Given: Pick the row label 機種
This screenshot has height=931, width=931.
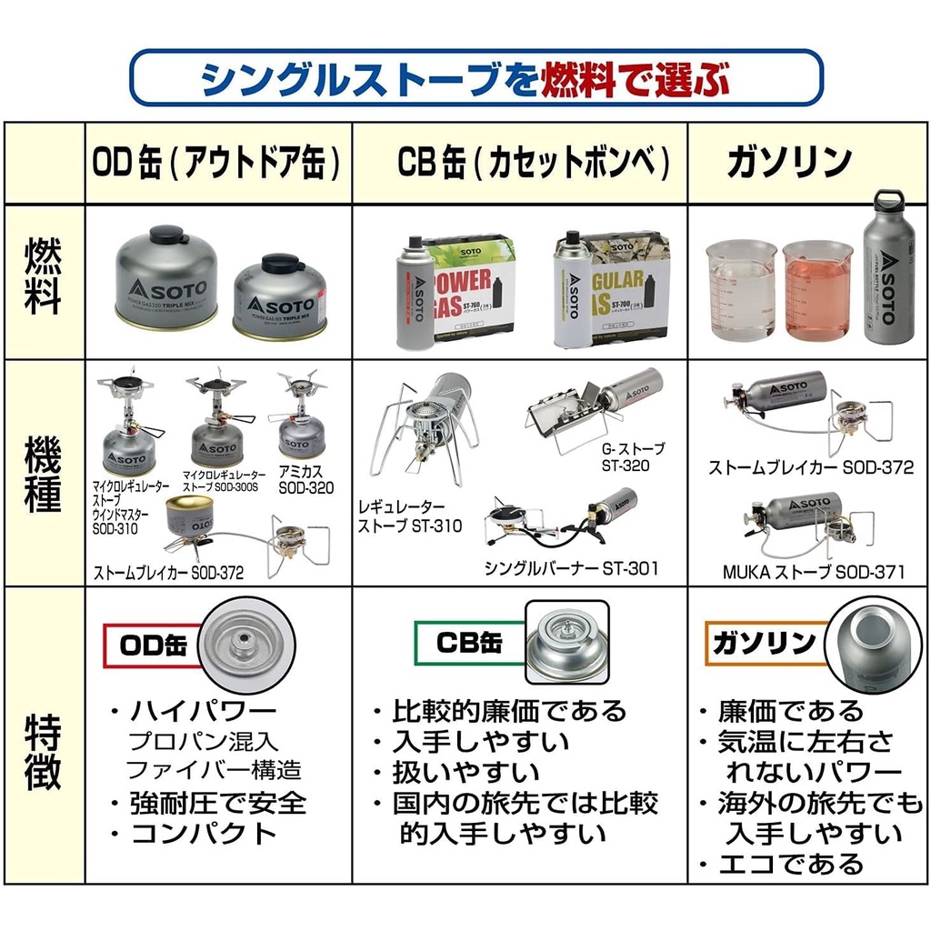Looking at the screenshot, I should pyautogui.click(x=44, y=472).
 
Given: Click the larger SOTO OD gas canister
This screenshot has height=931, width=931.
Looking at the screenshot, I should pyautogui.click(x=166, y=277).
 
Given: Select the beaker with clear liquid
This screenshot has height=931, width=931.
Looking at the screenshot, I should pyautogui.click(x=743, y=289).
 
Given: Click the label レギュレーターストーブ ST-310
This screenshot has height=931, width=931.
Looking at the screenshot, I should pyautogui.click(x=409, y=516).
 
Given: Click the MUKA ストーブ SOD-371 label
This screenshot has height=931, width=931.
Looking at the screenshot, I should pyautogui.click(x=813, y=572).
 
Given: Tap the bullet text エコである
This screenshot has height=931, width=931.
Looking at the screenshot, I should pyautogui.click(x=791, y=864).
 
